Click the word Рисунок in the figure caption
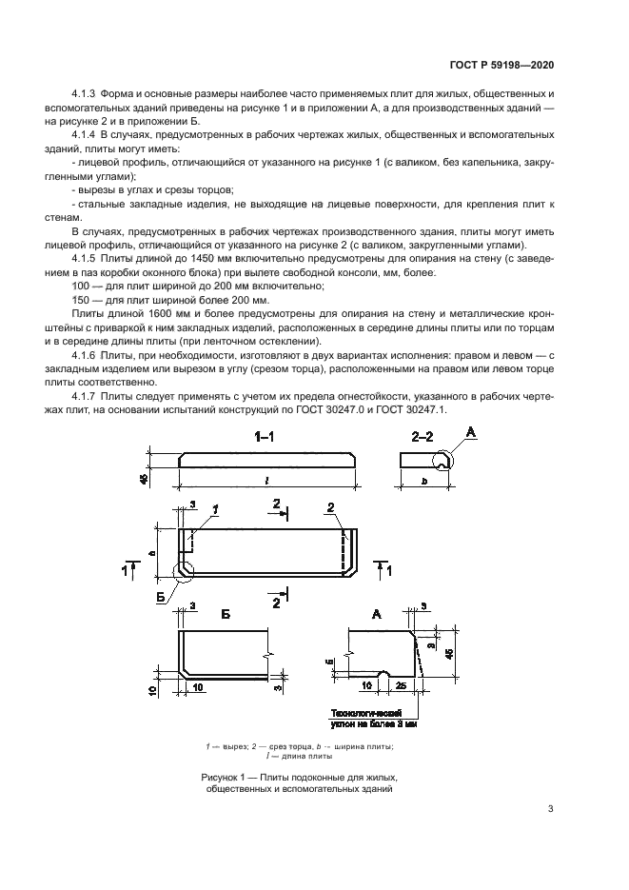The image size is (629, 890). tap(222, 777)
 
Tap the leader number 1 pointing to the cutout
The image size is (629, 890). tap(215, 510)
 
